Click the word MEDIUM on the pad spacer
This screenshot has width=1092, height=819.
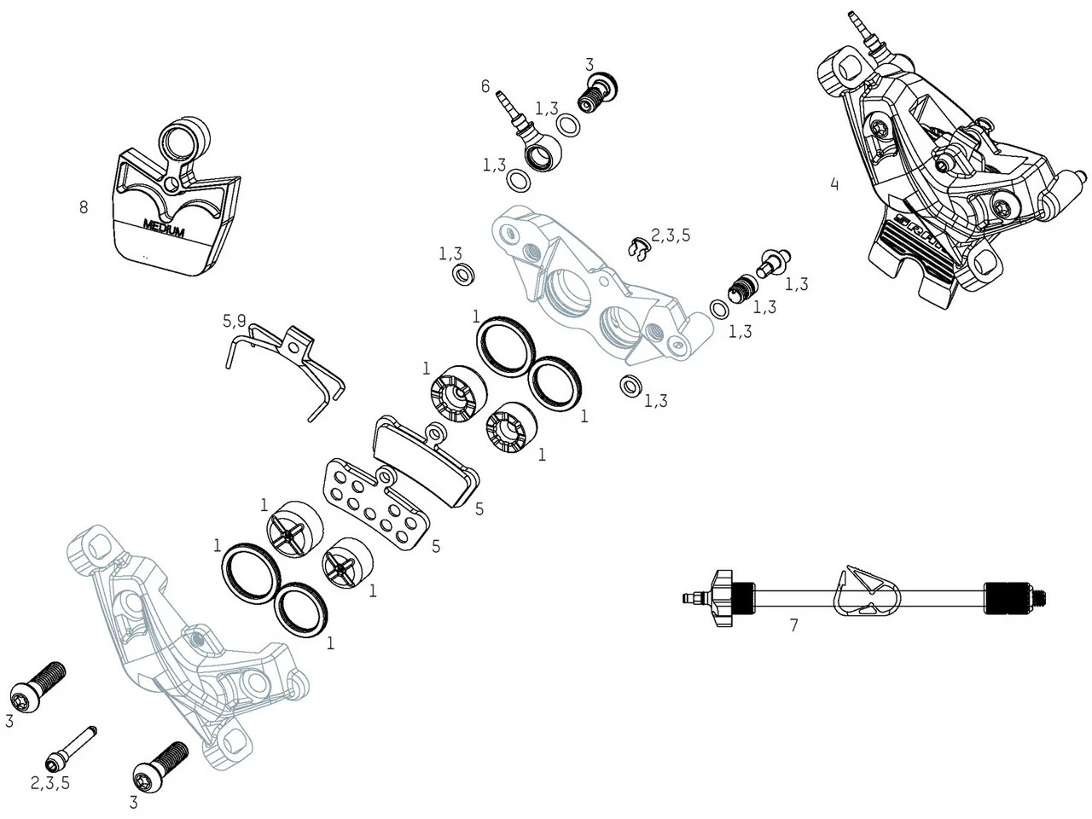pos(164,229)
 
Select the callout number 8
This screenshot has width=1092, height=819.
pos(83,207)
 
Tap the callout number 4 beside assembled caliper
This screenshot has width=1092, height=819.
pos(834,183)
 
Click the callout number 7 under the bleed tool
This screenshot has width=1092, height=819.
pos(793,625)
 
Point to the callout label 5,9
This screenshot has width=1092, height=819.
pos(235,322)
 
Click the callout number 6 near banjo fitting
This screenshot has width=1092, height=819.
pos(485,86)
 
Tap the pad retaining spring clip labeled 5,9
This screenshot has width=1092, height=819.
pos(290,363)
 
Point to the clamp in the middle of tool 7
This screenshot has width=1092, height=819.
pos(863,591)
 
